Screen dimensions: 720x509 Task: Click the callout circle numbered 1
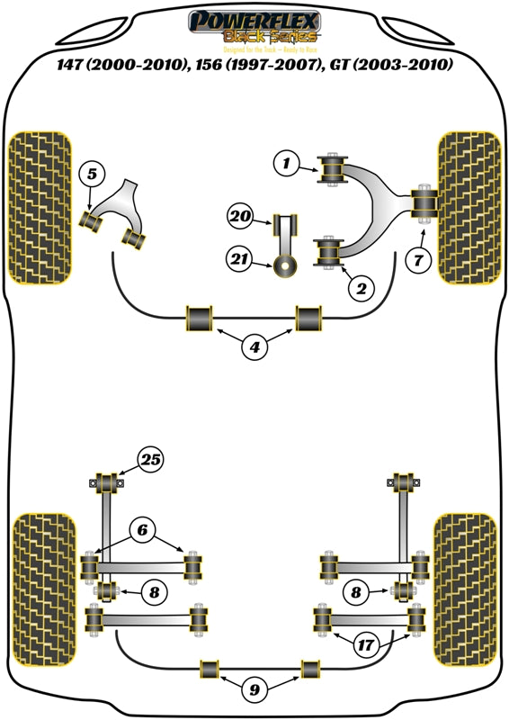tap(286, 163)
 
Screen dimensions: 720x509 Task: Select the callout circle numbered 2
tap(360, 289)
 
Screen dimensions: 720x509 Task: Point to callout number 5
tap(92, 175)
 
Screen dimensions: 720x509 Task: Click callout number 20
tap(239, 216)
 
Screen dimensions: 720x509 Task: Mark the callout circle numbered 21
tap(239, 260)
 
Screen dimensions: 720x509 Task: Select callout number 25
tap(150, 462)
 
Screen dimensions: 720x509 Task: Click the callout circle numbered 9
tap(254, 691)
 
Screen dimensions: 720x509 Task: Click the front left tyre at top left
tap(40, 208)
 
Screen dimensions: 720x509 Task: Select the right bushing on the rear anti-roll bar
tap(311, 669)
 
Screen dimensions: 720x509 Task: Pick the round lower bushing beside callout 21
tap(287, 265)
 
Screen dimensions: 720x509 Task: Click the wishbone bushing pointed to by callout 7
tap(424, 202)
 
